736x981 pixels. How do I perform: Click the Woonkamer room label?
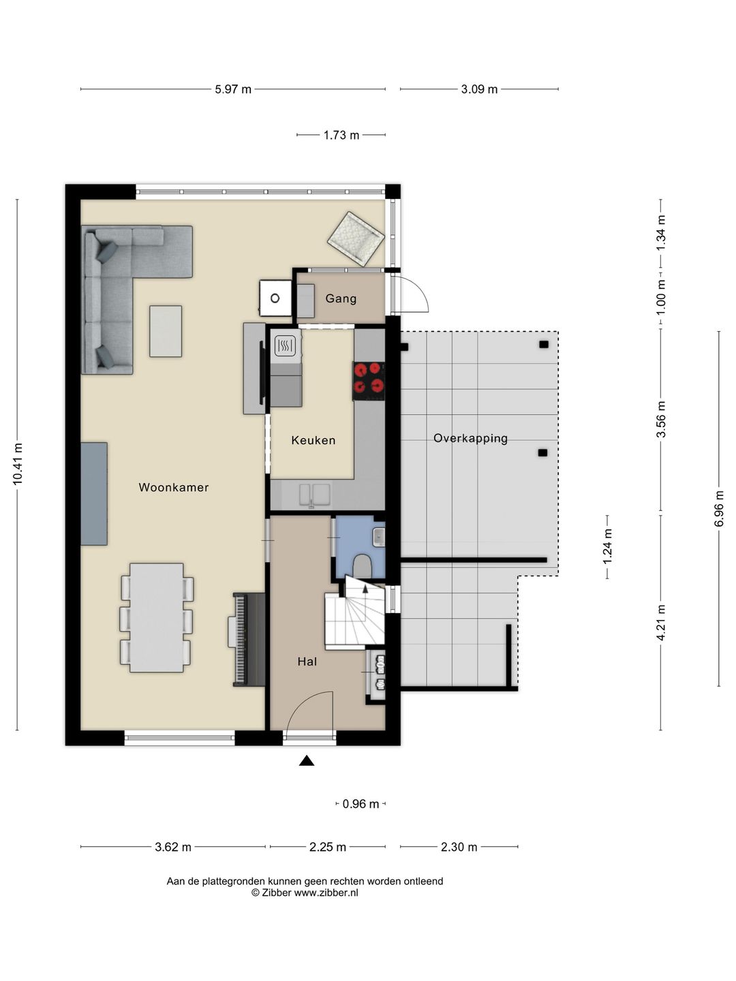pyautogui.click(x=173, y=487)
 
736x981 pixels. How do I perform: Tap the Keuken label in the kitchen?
pyautogui.click(x=313, y=440)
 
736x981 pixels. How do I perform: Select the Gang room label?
pyautogui.click(x=341, y=298)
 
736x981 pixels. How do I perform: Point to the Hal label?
pyautogui.click(x=307, y=661)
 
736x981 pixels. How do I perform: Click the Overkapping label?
pyautogui.click(x=470, y=438)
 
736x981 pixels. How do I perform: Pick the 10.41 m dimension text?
pyautogui.click(x=18, y=464)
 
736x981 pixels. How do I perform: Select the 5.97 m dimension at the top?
pyautogui.click(x=233, y=89)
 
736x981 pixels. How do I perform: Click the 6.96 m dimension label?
pyautogui.click(x=719, y=508)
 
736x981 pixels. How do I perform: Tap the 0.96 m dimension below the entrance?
pyautogui.click(x=361, y=804)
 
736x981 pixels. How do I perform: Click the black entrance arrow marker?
pyautogui.click(x=307, y=761)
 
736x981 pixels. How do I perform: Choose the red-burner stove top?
pyautogui.click(x=369, y=380)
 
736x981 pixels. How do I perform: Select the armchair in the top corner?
pyautogui.click(x=356, y=238)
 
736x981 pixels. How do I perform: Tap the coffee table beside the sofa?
pyautogui.click(x=166, y=331)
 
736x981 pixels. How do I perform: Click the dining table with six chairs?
pyautogui.click(x=157, y=617)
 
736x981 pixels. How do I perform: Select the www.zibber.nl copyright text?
pyautogui.click(x=305, y=892)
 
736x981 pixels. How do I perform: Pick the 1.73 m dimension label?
pyautogui.click(x=341, y=136)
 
